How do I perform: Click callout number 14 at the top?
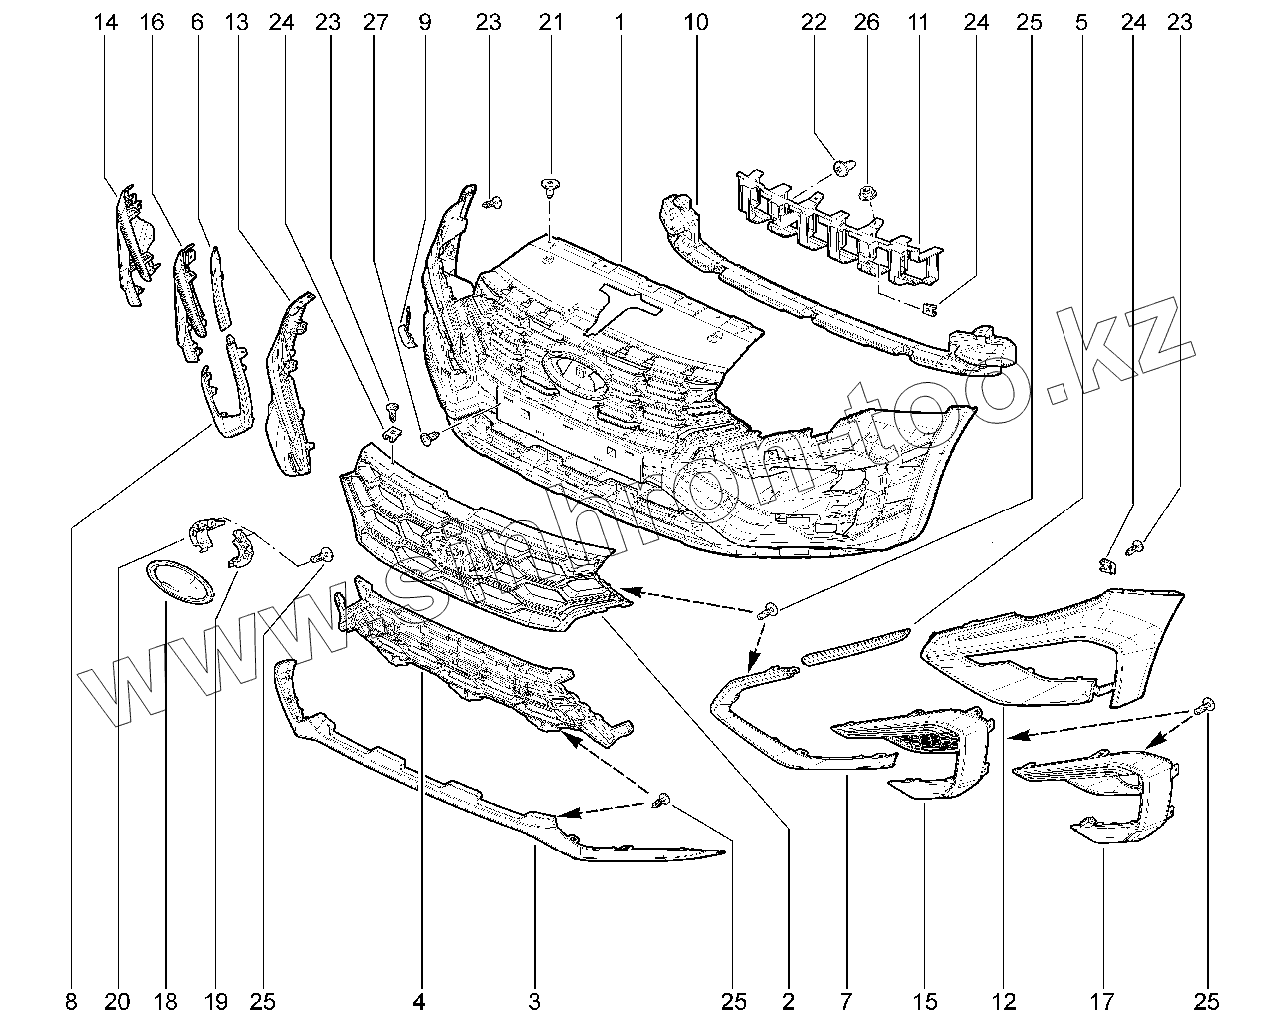tap(107, 21)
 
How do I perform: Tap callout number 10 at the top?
tap(697, 21)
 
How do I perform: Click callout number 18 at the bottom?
tap(166, 1000)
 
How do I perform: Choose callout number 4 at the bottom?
tap(420, 1000)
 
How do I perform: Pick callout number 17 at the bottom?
tap(1105, 1000)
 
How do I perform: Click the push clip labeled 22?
tap(842, 169)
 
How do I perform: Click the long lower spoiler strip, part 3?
tap(479, 793)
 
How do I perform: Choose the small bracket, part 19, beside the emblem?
tap(241, 547)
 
